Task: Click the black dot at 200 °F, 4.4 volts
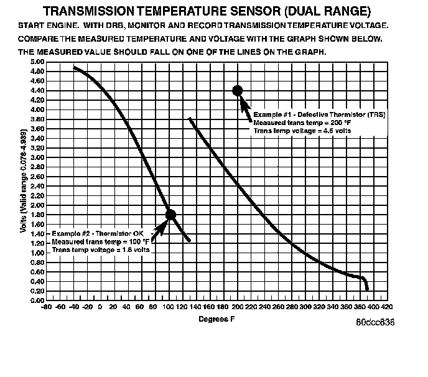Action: click(x=237, y=90)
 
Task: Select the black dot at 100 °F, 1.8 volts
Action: click(x=170, y=215)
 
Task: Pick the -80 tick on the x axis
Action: click(x=45, y=307)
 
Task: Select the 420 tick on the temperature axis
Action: click(x=386, y=307)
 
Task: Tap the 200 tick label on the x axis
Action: click(x=236, y=307)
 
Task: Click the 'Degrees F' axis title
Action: click(x=216, y=319)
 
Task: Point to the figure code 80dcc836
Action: click(x=375, y=323)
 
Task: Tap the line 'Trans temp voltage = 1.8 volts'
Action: click(x=100, y=249)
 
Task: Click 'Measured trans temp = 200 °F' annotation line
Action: click(x=294, y=123)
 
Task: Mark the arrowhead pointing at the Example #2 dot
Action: click(x=161, y=224)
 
